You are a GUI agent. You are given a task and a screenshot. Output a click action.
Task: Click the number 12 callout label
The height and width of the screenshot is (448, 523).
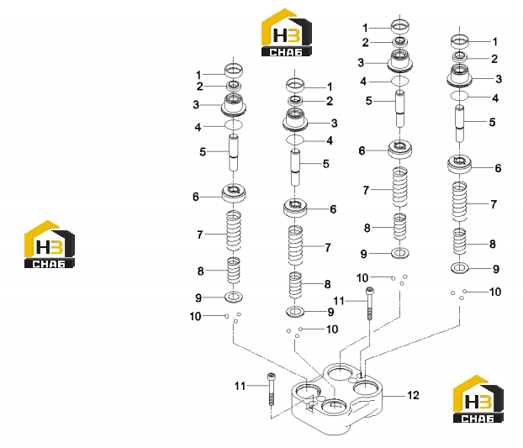click(x=413, y=395)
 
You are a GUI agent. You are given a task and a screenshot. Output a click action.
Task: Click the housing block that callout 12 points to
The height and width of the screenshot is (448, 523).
click(x=337, y=399)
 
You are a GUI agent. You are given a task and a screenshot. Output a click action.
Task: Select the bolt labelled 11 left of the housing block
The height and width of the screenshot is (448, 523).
click(x=271, y=388)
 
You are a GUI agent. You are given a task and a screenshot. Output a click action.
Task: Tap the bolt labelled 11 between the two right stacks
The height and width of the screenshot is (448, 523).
click(x=370, y=303)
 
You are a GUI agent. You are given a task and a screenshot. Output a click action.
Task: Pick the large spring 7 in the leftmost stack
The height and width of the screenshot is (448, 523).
click(x=234, y=230)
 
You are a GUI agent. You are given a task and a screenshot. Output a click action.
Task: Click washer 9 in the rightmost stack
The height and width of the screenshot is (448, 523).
click(x=460, y=267)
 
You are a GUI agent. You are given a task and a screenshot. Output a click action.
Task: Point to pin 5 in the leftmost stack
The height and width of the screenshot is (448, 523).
click(x=233, y=152)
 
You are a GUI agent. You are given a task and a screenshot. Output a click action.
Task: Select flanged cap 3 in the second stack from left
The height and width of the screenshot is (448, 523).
click(x=295, y=120)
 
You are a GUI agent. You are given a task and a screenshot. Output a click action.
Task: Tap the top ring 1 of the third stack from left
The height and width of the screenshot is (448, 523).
click(x=400, y=26)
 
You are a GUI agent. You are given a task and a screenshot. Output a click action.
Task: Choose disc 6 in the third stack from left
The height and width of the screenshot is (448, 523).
click(x=399, y=149)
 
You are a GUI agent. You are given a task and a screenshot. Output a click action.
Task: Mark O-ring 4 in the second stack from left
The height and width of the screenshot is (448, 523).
click(x=295, y=140)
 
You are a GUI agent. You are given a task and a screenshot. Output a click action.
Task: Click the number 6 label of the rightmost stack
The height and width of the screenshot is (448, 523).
click(x=498, y=168)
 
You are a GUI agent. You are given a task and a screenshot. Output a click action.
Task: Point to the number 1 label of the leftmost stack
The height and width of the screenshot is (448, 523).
click(x=198, y=75)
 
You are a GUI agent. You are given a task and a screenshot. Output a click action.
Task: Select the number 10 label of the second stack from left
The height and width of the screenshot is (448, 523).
click(x=332, y=329)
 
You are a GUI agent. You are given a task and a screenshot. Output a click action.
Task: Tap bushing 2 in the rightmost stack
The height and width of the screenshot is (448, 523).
click(x=460, y=56)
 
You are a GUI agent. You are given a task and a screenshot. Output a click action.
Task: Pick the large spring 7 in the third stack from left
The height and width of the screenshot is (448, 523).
click(x=399, y=187)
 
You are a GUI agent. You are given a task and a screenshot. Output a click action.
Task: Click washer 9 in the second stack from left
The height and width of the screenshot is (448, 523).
click(x=295, y=312)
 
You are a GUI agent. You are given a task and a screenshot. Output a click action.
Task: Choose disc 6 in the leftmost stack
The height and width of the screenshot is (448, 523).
click(x=234, y=192)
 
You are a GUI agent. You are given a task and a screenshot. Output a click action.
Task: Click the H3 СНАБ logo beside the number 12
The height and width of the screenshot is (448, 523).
click(x=478, y=398)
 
